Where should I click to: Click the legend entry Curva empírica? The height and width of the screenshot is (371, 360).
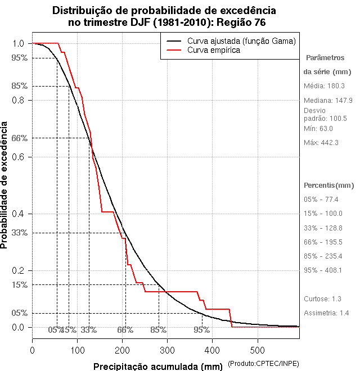(x=214, y=50)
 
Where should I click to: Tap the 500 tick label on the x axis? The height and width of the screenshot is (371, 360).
(x=257, y=350)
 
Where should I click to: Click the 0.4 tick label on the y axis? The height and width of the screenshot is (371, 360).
(x=17, y=214)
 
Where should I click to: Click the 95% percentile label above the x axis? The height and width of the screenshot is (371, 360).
(x=202, y=330)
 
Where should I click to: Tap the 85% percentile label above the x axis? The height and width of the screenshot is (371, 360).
(x=159, y=330)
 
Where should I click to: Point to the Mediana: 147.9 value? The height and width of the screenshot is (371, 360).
(x=328, y=100)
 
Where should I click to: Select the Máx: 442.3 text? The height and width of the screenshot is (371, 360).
(x=321, y=143)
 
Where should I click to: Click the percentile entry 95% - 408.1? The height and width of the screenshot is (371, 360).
(x=323, y=270)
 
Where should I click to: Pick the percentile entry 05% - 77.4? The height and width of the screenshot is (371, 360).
(x=321, y=200)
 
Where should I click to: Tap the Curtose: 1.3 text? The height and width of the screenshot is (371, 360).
(x=322, y=299)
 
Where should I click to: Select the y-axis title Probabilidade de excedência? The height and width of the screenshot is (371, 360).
(x=5, y=185)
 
